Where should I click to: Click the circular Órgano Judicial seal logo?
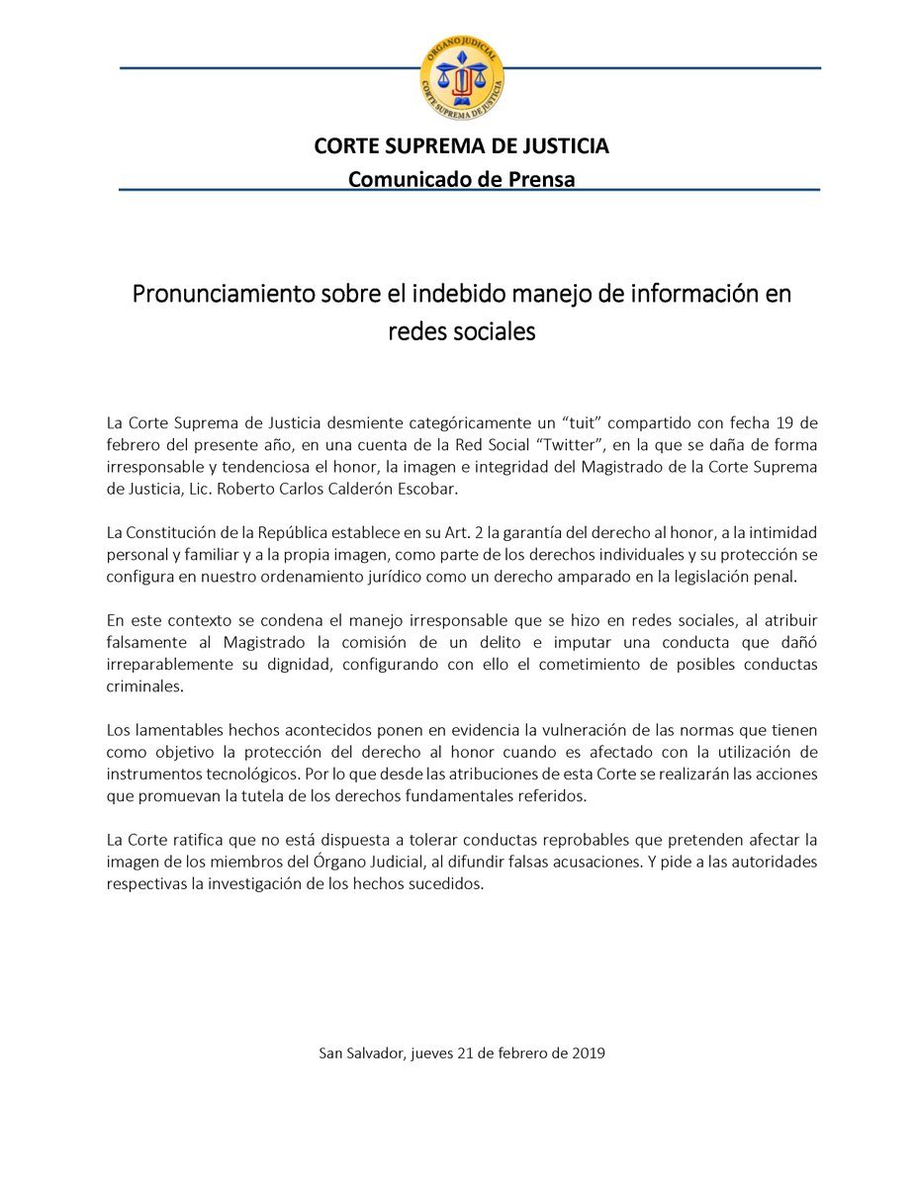(461, 77)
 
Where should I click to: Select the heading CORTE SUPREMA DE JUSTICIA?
(461, 146)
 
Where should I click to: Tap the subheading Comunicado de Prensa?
(461, 178)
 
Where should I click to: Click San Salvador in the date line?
(361, 1053)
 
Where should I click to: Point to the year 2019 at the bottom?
(588, 1053)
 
